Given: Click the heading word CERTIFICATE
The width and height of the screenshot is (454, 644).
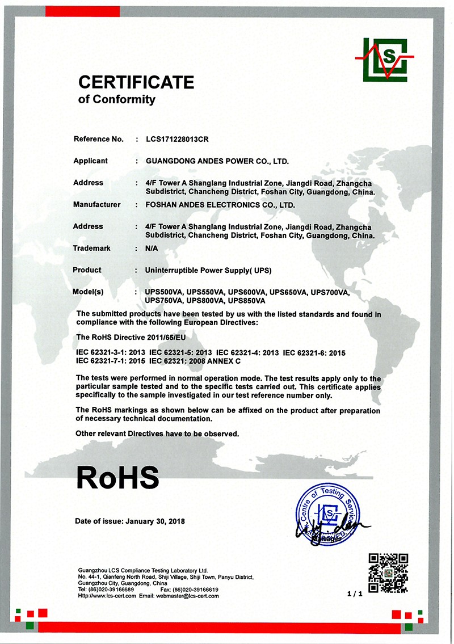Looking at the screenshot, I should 136,83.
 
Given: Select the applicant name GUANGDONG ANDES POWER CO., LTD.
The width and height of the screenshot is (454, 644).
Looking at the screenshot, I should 217,161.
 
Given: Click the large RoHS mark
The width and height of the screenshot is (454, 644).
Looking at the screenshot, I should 117,477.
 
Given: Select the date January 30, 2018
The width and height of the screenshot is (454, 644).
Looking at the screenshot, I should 155,521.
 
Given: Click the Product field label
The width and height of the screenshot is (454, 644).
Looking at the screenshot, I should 87,270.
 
